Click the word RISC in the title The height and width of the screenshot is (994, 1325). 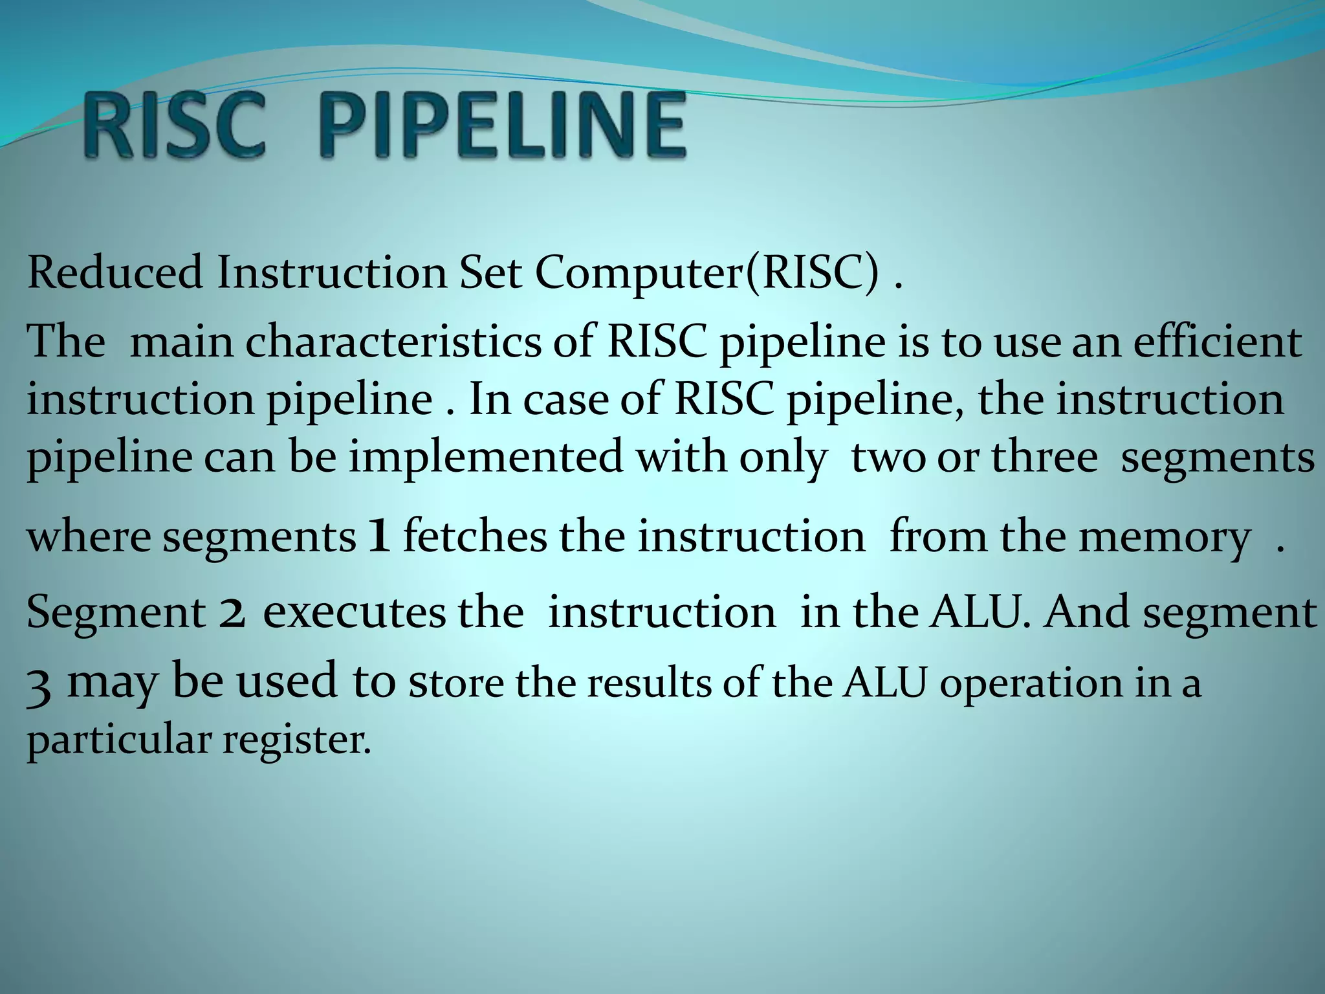(175, 126)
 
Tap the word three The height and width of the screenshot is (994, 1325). (1045, 457)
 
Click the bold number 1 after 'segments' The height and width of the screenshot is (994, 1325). (378, 538)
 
